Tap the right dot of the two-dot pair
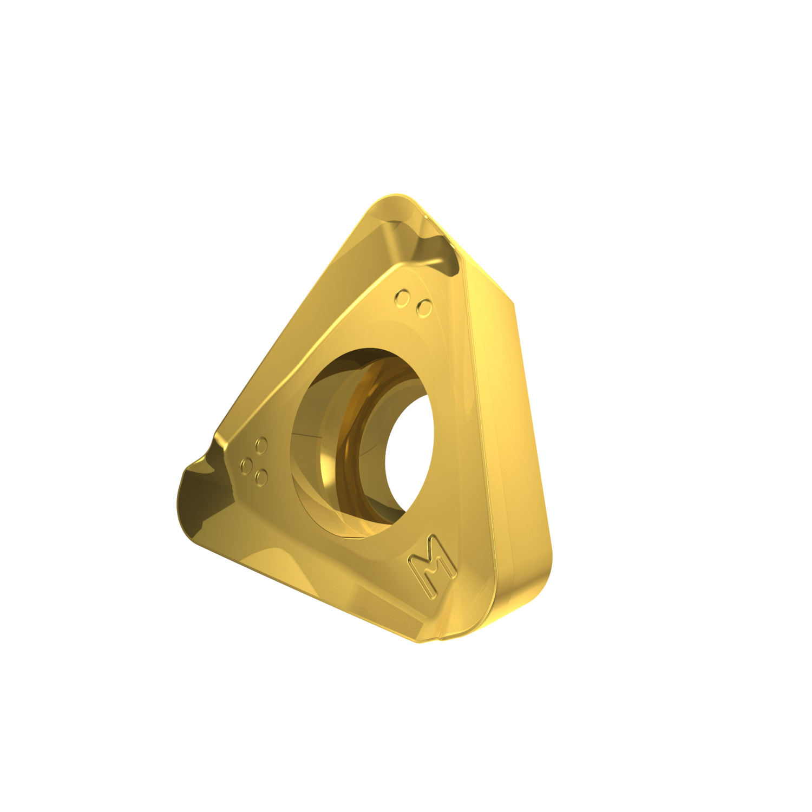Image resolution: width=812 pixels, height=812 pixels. tap(424, 307)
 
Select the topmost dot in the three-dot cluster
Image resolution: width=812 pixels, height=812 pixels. tap(261, 446)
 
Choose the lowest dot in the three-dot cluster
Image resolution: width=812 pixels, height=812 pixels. tap(261, 477)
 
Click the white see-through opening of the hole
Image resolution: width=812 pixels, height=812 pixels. tap(409, 452)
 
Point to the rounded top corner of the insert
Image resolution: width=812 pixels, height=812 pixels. tap(398, 200)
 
